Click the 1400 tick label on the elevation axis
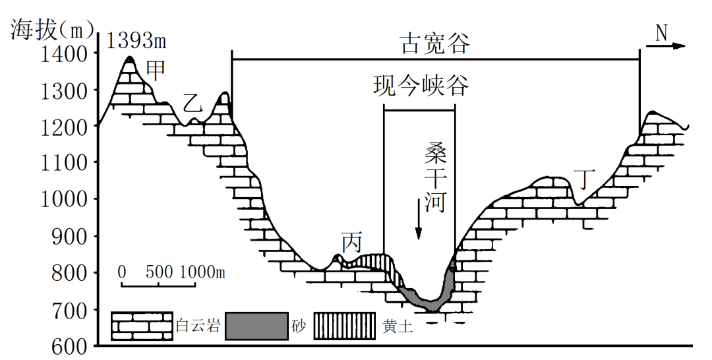pos(63,54)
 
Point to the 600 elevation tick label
pos(69,345)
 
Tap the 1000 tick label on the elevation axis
pos(63,199)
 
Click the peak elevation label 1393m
pos(136,41)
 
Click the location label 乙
pos(191,103)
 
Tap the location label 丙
pos(351,243)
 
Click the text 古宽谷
pos(435,44)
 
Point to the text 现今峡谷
pos(420,86)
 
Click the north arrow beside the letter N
pos(670,46)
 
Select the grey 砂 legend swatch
pos(256,326)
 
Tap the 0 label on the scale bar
pos(122,272)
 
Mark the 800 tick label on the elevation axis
pos(69,272)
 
